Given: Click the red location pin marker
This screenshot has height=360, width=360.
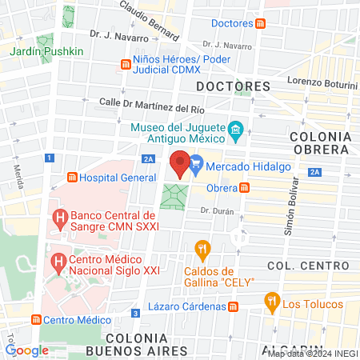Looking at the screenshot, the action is (x=181, y=164).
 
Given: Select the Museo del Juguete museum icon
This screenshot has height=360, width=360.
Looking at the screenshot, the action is (x=236, y=130).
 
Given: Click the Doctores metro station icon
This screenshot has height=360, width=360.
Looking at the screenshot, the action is (x=261, y=24).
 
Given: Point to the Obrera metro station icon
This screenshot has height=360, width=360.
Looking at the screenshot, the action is (x=244, y=188).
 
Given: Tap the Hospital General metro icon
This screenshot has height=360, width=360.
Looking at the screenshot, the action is (x=72, y=177).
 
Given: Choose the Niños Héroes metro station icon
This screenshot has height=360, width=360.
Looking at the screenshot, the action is (x=125, y=65).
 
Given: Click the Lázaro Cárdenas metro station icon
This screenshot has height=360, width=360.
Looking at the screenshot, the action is (x=233, y=306).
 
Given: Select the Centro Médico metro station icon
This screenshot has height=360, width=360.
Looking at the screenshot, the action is (x=36, y=319).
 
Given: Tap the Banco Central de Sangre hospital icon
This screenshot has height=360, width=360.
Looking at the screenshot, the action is (x=58, y=217).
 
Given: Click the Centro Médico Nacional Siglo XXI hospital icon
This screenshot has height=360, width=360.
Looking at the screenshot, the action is (x=58, y=262).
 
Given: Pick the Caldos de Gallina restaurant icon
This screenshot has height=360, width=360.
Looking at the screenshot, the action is (x=202, y=248).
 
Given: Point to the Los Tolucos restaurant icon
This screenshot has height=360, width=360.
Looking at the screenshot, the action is (x=271, y=302).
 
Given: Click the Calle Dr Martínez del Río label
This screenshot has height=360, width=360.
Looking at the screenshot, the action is (x=147, y=104).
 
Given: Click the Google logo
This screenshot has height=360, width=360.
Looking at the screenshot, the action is (x=26, y=350).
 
